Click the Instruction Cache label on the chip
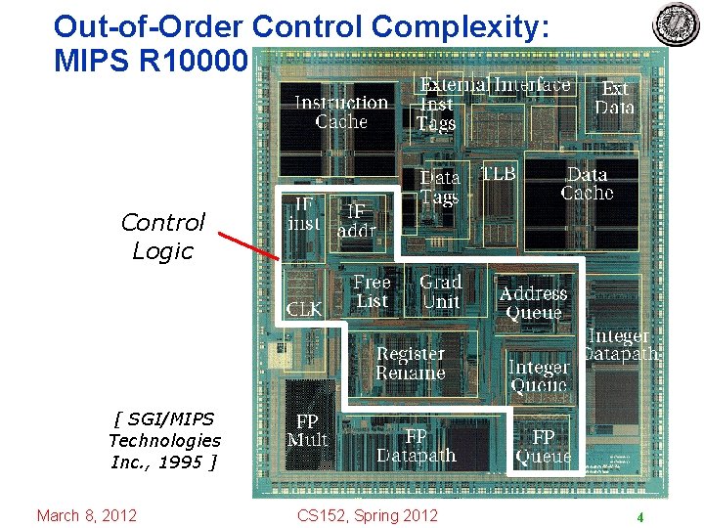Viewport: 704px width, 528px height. pos(341,111)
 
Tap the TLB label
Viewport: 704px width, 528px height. pos(498,173)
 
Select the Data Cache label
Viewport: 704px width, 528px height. pos(587,184)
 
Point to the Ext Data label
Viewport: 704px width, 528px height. pos(615,98)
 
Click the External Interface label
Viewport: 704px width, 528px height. pos(496,85)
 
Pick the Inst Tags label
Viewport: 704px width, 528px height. pos(436,113)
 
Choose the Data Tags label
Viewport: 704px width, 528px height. pos(439,188)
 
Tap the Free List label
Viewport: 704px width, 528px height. pos(372,291)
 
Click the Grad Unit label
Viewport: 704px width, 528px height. pos(440,291)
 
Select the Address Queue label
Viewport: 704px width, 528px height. pos(533,303)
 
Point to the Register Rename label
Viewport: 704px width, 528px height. pos(410,363)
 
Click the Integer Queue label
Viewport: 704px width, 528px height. pos(539,375)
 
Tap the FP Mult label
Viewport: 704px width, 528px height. pos(307,430)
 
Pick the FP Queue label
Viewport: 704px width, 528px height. pos(544,446)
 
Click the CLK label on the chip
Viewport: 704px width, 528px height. pos(304,309)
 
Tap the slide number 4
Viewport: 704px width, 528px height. pos(639,517)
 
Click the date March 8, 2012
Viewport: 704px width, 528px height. pos(86,515)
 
